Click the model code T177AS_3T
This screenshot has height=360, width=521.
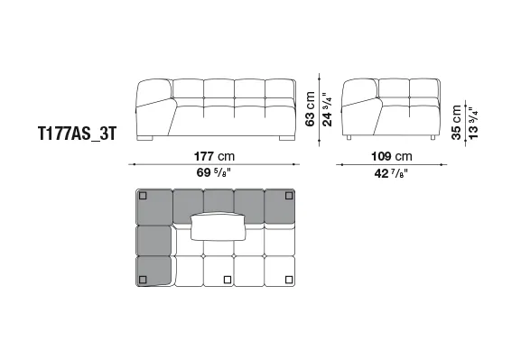[78, 134]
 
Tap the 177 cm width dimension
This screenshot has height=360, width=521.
[214, 156]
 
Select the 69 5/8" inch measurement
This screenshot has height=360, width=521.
[214, 172]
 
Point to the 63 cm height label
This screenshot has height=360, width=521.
[310, 109]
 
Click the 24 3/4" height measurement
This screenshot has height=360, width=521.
[327, 109]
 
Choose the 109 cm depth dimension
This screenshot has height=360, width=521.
[391, 156]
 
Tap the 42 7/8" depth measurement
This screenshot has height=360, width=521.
[391, 173]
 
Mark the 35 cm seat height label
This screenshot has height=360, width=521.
[457, 123]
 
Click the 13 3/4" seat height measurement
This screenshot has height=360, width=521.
[473, 123]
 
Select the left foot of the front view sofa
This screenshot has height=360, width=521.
[144, 138]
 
